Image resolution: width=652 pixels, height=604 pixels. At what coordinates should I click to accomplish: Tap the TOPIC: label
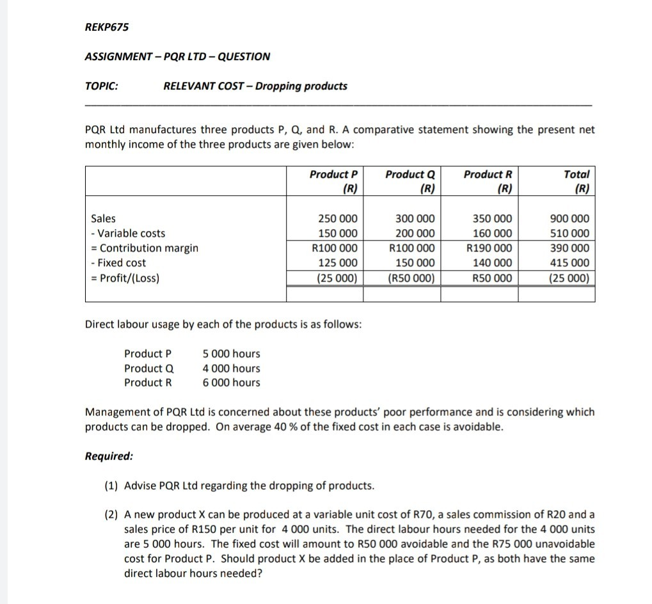tap(101, 86)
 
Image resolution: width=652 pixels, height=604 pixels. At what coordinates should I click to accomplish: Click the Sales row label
tap(104, 219)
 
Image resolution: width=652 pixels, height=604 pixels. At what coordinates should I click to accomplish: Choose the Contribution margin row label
tap(145, 248)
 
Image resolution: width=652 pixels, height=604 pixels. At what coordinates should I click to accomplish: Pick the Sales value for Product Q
tap(416, 219)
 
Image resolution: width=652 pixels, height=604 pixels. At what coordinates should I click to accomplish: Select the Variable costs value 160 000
tap(493, 234)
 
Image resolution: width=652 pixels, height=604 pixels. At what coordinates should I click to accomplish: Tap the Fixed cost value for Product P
tap(338, 263)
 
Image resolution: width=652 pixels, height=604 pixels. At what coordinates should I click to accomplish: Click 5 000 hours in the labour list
tap(231, 354)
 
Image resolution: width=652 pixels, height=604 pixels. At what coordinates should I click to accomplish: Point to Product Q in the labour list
tap(148, 369)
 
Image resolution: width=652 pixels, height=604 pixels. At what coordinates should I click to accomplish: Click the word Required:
tap(109, 456)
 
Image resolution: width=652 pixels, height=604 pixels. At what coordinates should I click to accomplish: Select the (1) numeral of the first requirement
tap(111, 486)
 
